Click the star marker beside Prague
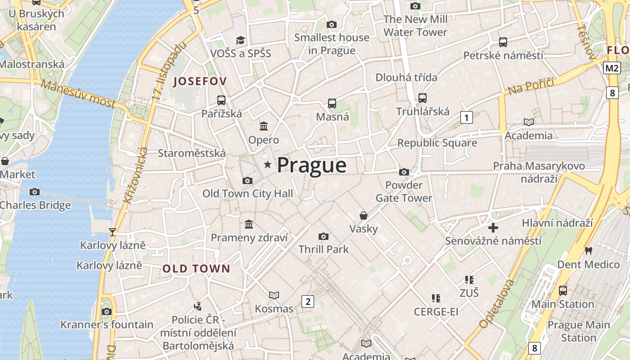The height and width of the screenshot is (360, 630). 268,165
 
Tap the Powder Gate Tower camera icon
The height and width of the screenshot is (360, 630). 404,172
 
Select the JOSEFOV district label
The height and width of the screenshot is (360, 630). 200,81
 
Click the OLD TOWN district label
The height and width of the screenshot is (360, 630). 196,269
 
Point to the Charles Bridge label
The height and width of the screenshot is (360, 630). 35,205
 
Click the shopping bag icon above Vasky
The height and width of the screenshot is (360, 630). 364,216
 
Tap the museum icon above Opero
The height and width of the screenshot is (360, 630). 264,126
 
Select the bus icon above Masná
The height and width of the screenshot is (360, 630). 332,103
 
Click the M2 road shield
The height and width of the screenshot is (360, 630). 612,68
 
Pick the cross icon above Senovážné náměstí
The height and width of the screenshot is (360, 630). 493,228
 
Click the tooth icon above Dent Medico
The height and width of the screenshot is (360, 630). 589,251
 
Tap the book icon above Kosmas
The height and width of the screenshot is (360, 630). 274,295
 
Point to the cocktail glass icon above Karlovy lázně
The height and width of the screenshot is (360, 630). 112,232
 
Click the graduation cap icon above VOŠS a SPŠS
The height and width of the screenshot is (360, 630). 241,40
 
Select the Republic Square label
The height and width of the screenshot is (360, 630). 437,143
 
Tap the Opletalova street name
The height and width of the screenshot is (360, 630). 497,304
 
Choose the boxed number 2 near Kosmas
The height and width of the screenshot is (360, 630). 308,301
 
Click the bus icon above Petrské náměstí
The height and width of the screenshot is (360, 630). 503,42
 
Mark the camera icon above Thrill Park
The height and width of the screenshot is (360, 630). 323,236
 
